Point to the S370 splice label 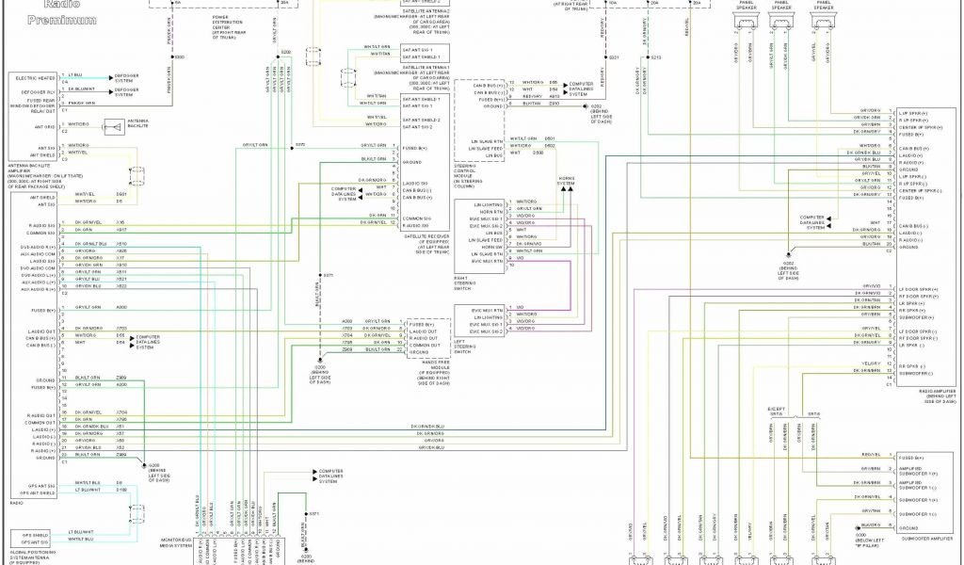click(x=300, y=144)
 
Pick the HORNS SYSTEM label click(x=565, y=180)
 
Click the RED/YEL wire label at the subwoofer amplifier click(x=870, y=454)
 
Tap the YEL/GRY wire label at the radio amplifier click(x=870, y=363)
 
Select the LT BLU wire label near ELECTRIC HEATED click(x=75, y=73)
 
